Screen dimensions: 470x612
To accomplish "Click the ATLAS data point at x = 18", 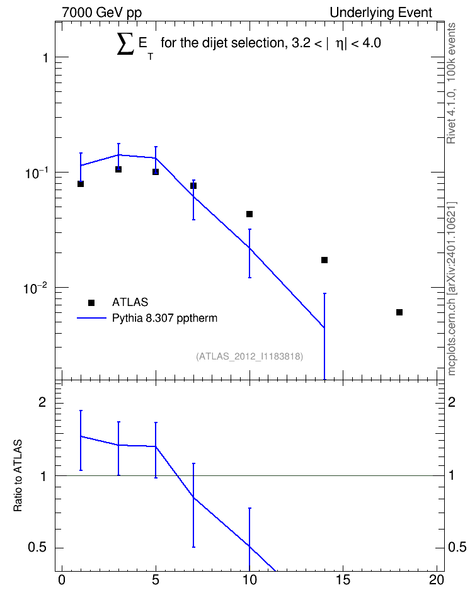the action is (x=399, y=312).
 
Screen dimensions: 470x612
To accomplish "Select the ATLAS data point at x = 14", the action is (x=324, y=260).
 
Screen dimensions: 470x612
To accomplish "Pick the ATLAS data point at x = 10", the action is (x=249, y=214).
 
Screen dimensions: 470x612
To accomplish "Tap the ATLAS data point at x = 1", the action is (x=81, y=184).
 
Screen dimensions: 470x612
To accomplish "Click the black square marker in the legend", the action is (x=91, y=302).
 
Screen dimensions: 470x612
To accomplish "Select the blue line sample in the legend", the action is (x=91, y=318).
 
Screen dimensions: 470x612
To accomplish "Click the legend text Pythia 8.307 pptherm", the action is (x=164, y=318).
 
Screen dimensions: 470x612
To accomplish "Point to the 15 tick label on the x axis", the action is (x=343, y=580).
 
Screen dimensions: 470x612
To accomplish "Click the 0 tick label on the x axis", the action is (x=62, y=580).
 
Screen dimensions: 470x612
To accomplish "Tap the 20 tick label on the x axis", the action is (x=437, y=580).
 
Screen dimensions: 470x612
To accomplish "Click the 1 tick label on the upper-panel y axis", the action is (x=45, y=58).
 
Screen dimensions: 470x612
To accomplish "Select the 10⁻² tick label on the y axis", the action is (x=35, y=289).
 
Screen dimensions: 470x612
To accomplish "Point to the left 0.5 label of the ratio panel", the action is (x=37, y=548).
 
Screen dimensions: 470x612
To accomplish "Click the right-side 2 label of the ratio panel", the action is (x=452, y=402).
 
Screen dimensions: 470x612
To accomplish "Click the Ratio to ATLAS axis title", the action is (x=18, y=475).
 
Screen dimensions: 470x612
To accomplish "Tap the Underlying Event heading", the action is (x=381, y=13).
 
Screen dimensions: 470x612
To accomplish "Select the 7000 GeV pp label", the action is (x=101, y=13).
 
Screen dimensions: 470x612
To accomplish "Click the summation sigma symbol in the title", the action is (x=125, y=43).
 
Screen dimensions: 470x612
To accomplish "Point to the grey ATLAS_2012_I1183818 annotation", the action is (x=249, y=356).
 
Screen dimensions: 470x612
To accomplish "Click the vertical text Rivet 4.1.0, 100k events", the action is (x=451, y=83).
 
